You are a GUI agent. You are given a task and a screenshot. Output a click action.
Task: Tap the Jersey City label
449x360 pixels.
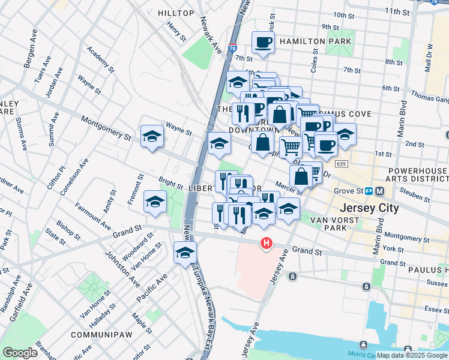point(369,208)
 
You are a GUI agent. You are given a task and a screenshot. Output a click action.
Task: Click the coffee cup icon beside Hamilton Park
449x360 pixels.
point(263,43)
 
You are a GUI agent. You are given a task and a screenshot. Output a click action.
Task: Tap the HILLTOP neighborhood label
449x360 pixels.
point(176,13)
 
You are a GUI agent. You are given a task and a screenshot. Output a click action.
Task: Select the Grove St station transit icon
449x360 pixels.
point(370,191)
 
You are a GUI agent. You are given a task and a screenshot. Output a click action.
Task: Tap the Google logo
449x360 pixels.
point(20,353)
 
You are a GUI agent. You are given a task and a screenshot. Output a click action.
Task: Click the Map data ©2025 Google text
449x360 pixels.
point(412,355)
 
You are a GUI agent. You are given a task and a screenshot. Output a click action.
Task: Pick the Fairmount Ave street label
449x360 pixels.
point(92,217)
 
